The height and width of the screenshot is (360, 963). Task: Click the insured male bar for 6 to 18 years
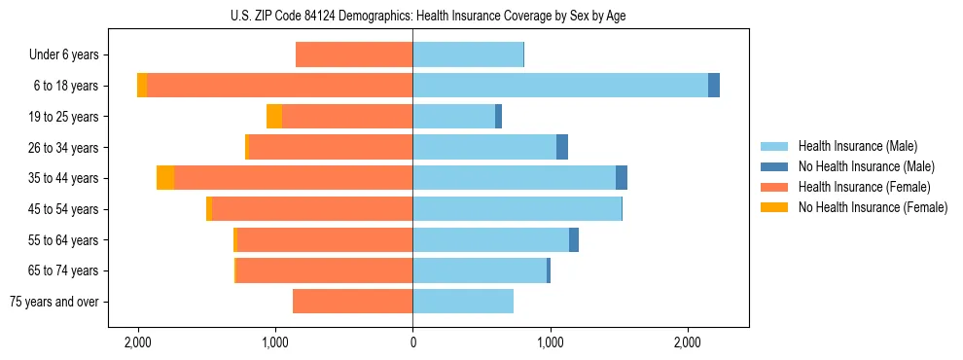coord(560,86)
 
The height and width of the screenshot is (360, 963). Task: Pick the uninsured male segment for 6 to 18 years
coord(714,86)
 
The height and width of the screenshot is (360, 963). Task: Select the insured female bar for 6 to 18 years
coord(280,86)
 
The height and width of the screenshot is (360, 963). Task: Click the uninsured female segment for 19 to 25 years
coord(274,117)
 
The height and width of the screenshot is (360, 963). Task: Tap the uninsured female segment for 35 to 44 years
coord(165,178)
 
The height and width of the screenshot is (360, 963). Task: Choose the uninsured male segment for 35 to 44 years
coord(622,178)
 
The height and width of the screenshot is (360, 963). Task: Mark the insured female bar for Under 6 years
coord(354,54)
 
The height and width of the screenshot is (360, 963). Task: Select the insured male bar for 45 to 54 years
coord(517,209)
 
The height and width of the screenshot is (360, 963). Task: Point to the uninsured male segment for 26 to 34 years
coord(562,147)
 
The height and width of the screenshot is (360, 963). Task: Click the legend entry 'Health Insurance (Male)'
coord(858,146)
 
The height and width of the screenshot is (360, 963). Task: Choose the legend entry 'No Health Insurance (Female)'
coord(873,207)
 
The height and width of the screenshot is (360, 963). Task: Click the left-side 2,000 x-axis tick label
coord(137,342)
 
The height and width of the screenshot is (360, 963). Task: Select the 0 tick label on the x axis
coord(412,342)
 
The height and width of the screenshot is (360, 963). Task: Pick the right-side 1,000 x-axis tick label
coord(551,342)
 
